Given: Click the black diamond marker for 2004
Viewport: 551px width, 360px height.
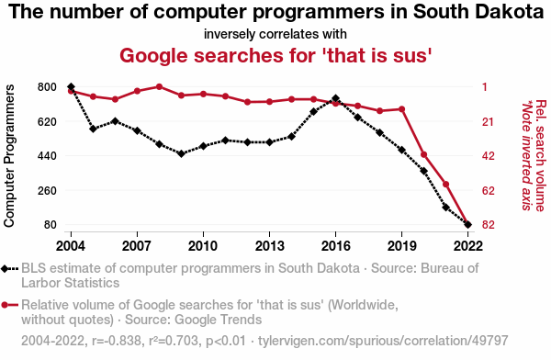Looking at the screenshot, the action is tap(71, 87).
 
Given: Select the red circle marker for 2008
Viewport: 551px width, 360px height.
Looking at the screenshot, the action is tap(159, 86).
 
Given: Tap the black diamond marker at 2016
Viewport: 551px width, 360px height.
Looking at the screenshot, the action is tap(335, 98).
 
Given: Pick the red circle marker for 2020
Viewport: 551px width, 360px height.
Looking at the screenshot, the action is tap(423, 154).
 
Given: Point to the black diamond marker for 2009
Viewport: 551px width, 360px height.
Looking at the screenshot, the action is tap(181, 153).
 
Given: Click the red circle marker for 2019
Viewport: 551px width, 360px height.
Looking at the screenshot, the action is tap(401, 109).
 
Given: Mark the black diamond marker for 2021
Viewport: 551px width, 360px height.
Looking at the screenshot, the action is tap(446, 208).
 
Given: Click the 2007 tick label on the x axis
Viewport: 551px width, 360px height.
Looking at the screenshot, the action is tap(137, 246).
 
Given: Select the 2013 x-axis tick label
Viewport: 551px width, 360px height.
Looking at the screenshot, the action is tap(269, 246).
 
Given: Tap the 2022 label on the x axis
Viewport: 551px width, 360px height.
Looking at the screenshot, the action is tap(467, 246).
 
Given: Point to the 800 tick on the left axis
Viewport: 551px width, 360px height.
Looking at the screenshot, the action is tap(47, 87).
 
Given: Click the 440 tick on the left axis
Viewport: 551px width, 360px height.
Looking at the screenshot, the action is tap(47, 156).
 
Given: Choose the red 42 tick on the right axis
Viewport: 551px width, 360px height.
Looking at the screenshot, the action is tap(489, 156).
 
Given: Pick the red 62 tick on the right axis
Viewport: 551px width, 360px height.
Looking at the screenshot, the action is tap(489, 190).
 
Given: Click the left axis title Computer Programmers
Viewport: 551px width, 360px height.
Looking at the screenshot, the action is tap(9, 156).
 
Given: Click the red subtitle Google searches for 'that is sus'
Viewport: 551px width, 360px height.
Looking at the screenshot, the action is tap(275, 55).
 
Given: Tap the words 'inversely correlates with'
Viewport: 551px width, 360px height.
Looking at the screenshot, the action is tap(275, 34).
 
